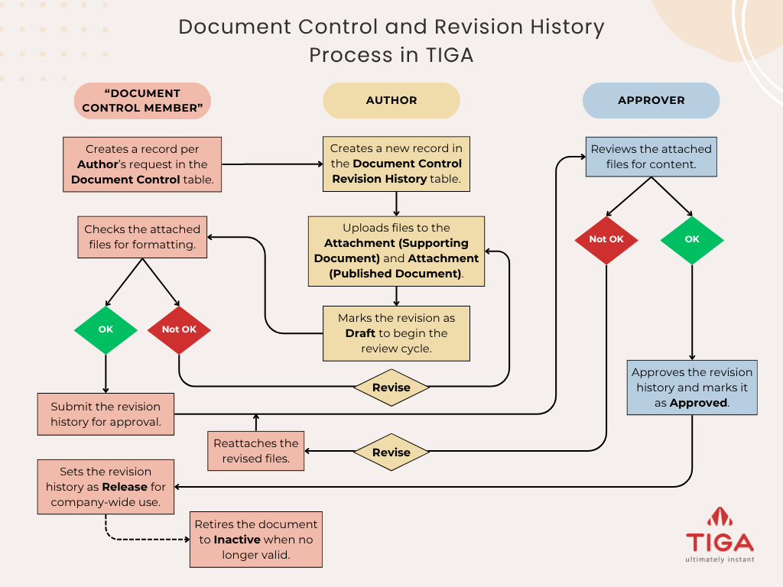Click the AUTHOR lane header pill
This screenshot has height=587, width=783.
click(391, 100)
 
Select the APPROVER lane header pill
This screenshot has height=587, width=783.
click(651, 100)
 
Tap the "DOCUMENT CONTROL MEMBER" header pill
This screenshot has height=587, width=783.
click(141, 101)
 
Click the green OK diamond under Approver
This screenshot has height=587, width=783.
click(692, 239)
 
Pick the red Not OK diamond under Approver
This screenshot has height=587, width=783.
click(606, 239)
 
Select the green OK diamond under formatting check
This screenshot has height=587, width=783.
click(106, 329)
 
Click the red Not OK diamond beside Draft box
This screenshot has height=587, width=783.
click(179, 329)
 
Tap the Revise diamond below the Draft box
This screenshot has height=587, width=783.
click(391, 388)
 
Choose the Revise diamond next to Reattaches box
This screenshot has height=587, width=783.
click(391, 452)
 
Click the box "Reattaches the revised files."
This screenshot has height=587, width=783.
click(256, 451)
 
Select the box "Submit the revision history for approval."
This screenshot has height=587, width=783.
click(106, 414)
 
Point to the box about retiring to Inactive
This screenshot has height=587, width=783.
click(255, 540)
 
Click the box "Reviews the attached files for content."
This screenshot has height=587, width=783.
click(651, 157)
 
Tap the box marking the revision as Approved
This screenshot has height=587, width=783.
click(692, 388)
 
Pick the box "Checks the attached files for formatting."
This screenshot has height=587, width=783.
click(142, 236)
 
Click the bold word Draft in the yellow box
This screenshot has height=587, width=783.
click(360, 333)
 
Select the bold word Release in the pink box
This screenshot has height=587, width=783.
click(124, 487)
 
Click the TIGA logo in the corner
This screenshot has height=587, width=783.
click(719, 533)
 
